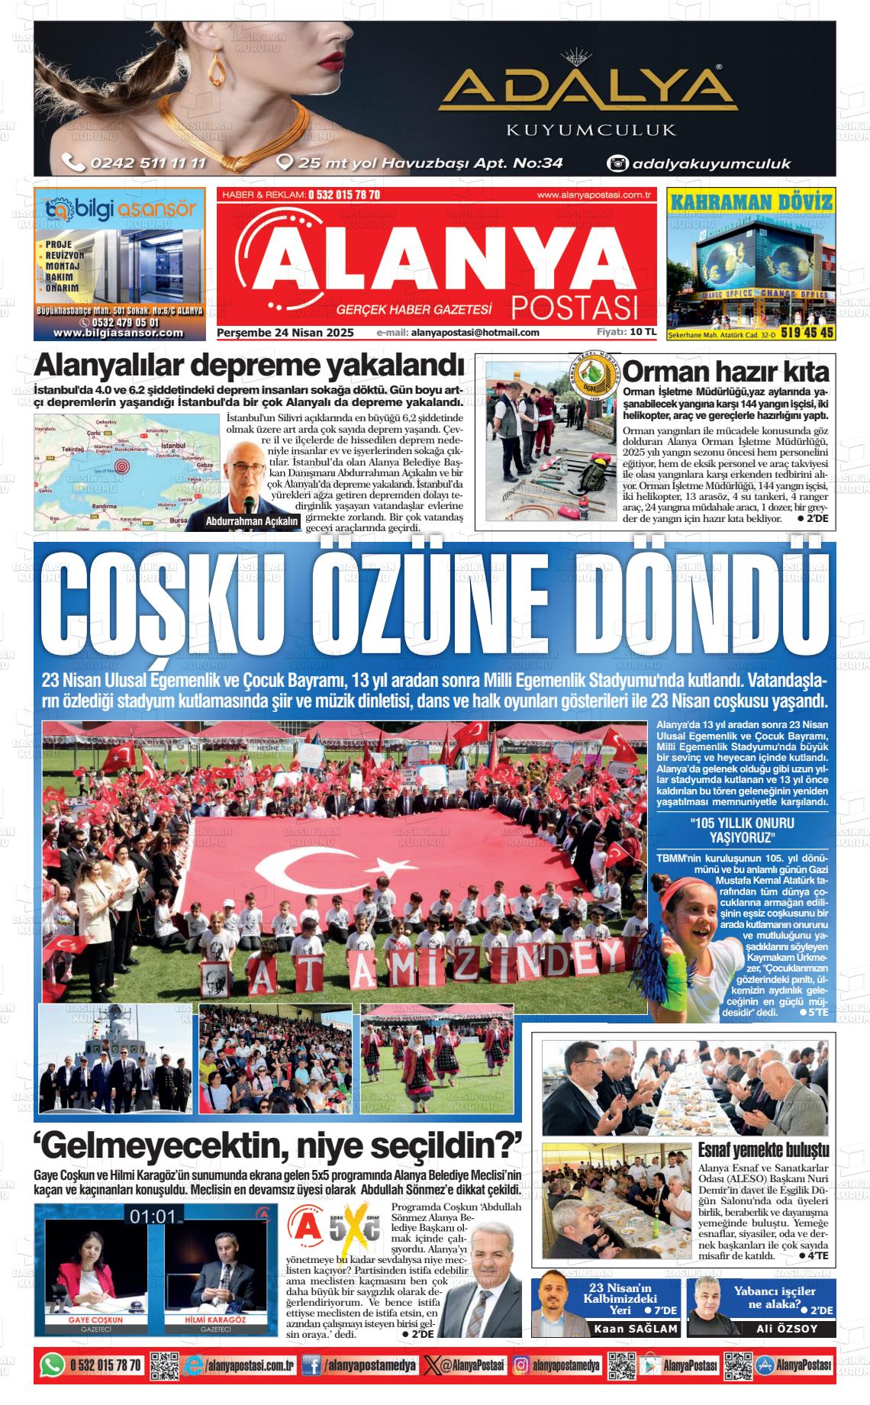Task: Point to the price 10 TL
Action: [x=643, y=332]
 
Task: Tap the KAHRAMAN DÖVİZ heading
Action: [x=751, y=202]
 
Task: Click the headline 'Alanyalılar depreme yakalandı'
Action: [x=249, y=366]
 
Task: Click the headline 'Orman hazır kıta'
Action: [x=725, y=372]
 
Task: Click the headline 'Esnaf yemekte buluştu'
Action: [x=763, y=1152]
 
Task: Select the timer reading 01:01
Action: [x=153, y=1216]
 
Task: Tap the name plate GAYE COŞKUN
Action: [x=95, y=1320]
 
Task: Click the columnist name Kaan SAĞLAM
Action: [x=636, y=1329]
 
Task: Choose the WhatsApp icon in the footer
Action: [x=52, y=1365]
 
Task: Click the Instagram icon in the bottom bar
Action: [x=522, y=1365]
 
